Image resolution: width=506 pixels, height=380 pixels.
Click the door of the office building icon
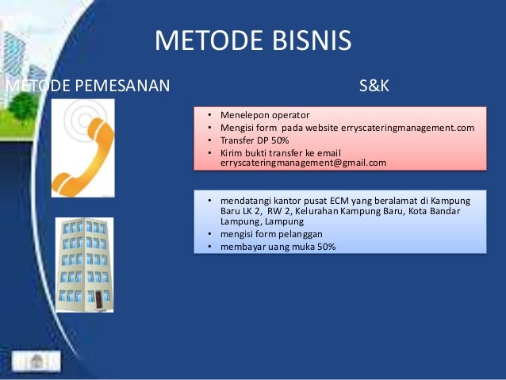click(x=99, y=301)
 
